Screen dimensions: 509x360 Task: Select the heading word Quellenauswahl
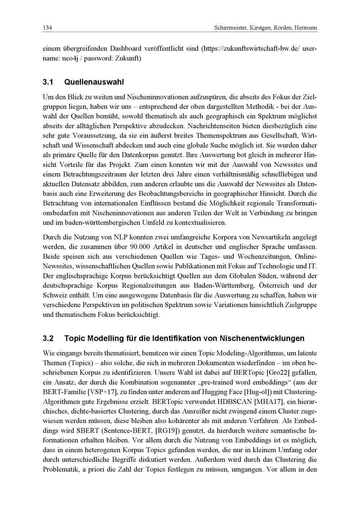[94, 82]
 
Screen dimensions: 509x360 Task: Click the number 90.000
[139, 247]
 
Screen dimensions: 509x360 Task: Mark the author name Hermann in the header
[306, 28]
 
